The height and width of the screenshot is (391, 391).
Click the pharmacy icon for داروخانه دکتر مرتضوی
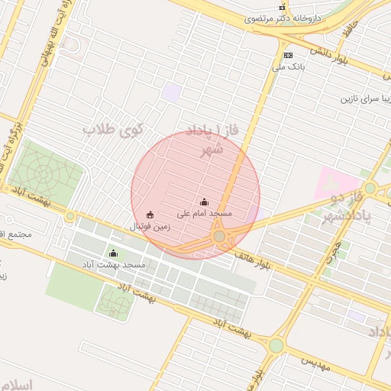click(x=282, y=7)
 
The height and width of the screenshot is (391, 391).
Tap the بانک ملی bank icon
click(x=288, y=55)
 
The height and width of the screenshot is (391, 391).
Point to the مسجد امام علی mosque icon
click(x=204, y=202)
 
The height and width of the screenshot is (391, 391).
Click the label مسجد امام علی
click(x=205, y=215)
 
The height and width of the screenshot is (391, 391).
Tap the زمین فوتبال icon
click(x=149, y=215)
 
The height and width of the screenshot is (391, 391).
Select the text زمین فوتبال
click(x=149, y=227)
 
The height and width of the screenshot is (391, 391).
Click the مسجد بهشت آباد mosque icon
click(x=114, y=253)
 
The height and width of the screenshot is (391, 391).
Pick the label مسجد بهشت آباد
click(x=115, y=264)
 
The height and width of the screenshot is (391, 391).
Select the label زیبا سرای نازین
click(x=365, y=99)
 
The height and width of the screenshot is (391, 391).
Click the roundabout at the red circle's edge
click(x=220, y=237)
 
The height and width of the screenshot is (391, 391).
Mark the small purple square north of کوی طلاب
click(x=172, y=92)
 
